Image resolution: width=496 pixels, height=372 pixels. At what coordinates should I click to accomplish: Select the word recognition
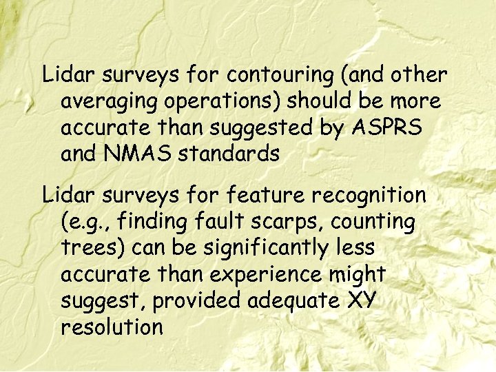pyautogui.click(x=369, y=196)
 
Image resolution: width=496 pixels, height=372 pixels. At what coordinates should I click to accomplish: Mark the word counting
pyautogui.click(x=373, y=223)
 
